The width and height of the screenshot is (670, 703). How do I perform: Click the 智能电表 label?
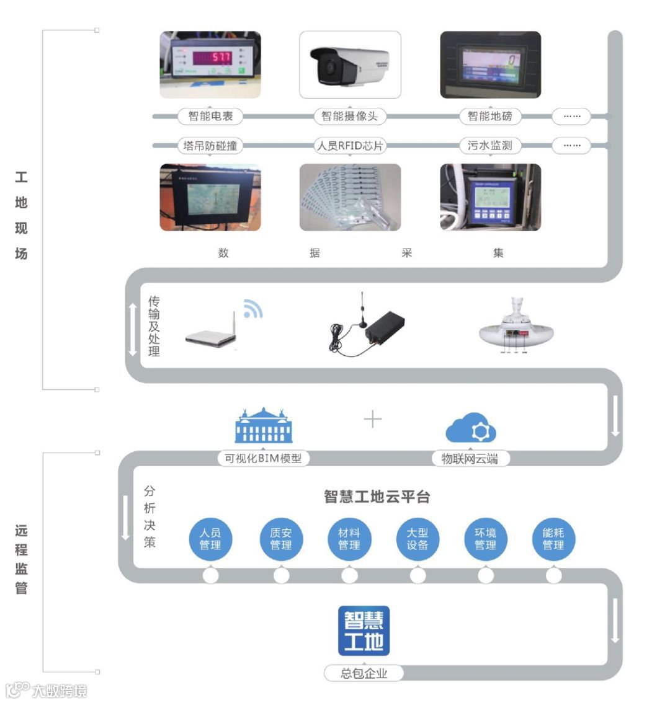tap(210, 116)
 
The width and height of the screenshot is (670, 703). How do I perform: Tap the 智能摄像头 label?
tap(349, 116)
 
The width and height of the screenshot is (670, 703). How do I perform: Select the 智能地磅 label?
tap(489, 116)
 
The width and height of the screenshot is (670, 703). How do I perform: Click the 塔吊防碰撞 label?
tap(210, 146)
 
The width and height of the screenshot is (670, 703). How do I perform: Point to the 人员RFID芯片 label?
tap(350, 146)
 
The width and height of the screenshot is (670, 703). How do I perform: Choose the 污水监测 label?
tap(489, 146)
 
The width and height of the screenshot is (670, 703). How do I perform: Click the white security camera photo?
tap(350, 65)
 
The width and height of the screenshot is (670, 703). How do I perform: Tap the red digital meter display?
tap(212, 58)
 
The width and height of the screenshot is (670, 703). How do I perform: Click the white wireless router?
tap(212, 335)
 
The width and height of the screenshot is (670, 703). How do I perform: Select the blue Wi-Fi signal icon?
tap(252, 309)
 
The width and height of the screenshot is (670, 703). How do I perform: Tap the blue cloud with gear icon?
tap(471, 428)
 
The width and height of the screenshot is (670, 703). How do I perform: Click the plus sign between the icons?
tap(373, 420)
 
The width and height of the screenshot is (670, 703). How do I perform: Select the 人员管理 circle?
tap(210, 539)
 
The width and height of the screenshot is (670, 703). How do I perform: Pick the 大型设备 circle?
tap(418, 539)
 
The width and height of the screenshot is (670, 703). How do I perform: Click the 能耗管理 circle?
tap(553, 539)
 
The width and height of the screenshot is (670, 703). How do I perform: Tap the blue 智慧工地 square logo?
tap(364, 630)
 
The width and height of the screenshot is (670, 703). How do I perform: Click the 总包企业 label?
tap(364, 673)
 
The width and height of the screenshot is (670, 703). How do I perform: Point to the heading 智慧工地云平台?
tap(377, 497)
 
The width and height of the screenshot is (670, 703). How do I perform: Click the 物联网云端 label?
tap(470, 459)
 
